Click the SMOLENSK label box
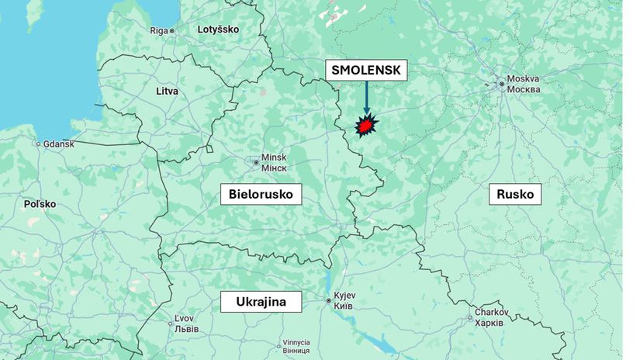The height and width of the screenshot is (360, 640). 366,70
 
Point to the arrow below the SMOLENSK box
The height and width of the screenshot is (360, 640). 366,97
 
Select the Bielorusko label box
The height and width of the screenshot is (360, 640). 261,194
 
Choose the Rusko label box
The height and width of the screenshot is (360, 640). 515,194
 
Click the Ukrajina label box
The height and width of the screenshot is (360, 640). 261,301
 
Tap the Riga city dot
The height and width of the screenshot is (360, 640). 172,31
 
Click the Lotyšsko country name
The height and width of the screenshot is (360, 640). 219,29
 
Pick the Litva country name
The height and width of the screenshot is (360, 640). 167,91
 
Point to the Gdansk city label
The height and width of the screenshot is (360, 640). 59,144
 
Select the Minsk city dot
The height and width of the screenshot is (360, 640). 256,162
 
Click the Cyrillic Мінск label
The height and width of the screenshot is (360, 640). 275,168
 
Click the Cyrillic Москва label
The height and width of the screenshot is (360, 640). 524,89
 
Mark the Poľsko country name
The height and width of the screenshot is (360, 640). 40,204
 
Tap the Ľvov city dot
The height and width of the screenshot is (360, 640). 171,324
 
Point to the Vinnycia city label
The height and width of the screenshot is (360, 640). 296,342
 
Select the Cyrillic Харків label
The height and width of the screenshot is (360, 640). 490,323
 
